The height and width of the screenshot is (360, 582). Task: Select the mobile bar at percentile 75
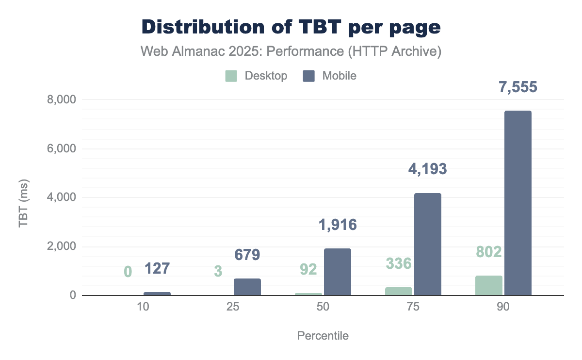tap(428, 244)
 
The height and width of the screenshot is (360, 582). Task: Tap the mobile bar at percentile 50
tap(338, 272)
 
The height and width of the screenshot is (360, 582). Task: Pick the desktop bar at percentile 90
tap(489, 285)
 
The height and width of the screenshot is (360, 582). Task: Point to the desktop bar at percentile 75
tap(399, 291)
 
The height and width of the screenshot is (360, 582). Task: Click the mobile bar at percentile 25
tap(247, 287)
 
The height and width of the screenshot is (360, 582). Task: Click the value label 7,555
tap(518, 87)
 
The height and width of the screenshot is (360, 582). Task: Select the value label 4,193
tap(427, 169)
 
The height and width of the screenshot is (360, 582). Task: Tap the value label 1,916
tap(338, 225)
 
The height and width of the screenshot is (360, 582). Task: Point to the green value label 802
tap(488, 252)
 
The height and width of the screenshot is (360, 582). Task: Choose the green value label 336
tap(399, 263)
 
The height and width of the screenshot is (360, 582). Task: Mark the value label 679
tap(247, 254)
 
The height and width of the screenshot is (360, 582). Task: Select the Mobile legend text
tap(339, 76)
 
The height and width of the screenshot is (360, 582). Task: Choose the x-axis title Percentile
tap(323, 336)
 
